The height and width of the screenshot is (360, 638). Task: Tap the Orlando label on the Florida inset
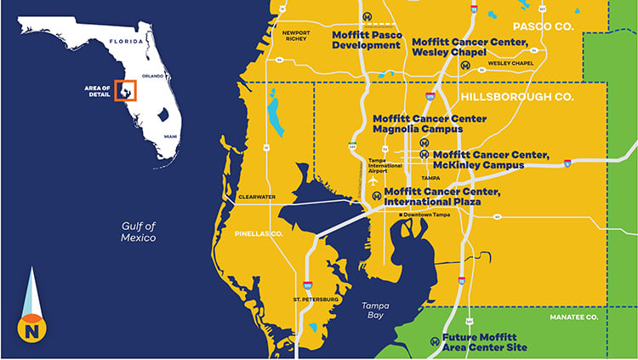[x=152, y=76]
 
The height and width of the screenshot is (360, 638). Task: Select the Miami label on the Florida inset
[x=171, y=136]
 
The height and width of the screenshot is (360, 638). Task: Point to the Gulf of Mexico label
[x=139, y=231]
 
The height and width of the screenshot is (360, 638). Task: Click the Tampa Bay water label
[x=375, y=310]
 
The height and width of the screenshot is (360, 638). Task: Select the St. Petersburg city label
[x=316, y=300]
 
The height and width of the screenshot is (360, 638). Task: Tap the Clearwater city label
[x=257, y=197]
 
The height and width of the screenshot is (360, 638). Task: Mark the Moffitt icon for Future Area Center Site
[x=435, y=341]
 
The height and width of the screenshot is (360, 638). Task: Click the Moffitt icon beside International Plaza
[x=377, y=196]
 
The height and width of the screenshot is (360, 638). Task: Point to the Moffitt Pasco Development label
[x=366, y=40]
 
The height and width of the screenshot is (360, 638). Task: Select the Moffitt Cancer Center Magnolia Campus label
[x=430, y=124]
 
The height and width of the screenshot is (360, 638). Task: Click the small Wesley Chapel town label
[x=510, y=63]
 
